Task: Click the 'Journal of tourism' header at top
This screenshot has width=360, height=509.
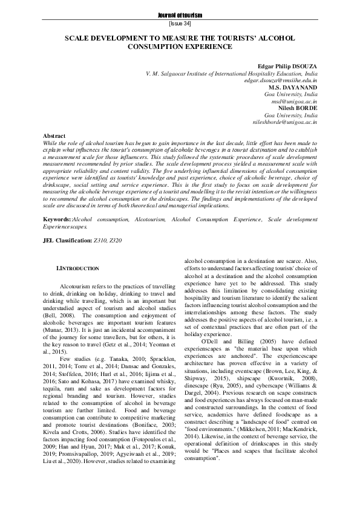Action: pyautogui.click(x=180, y=14)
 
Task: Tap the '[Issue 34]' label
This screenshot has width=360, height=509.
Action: pyautogui.click(x=180, y=24)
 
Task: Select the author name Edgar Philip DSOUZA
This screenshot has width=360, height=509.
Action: pyautogui.click(x=289, y=65)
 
